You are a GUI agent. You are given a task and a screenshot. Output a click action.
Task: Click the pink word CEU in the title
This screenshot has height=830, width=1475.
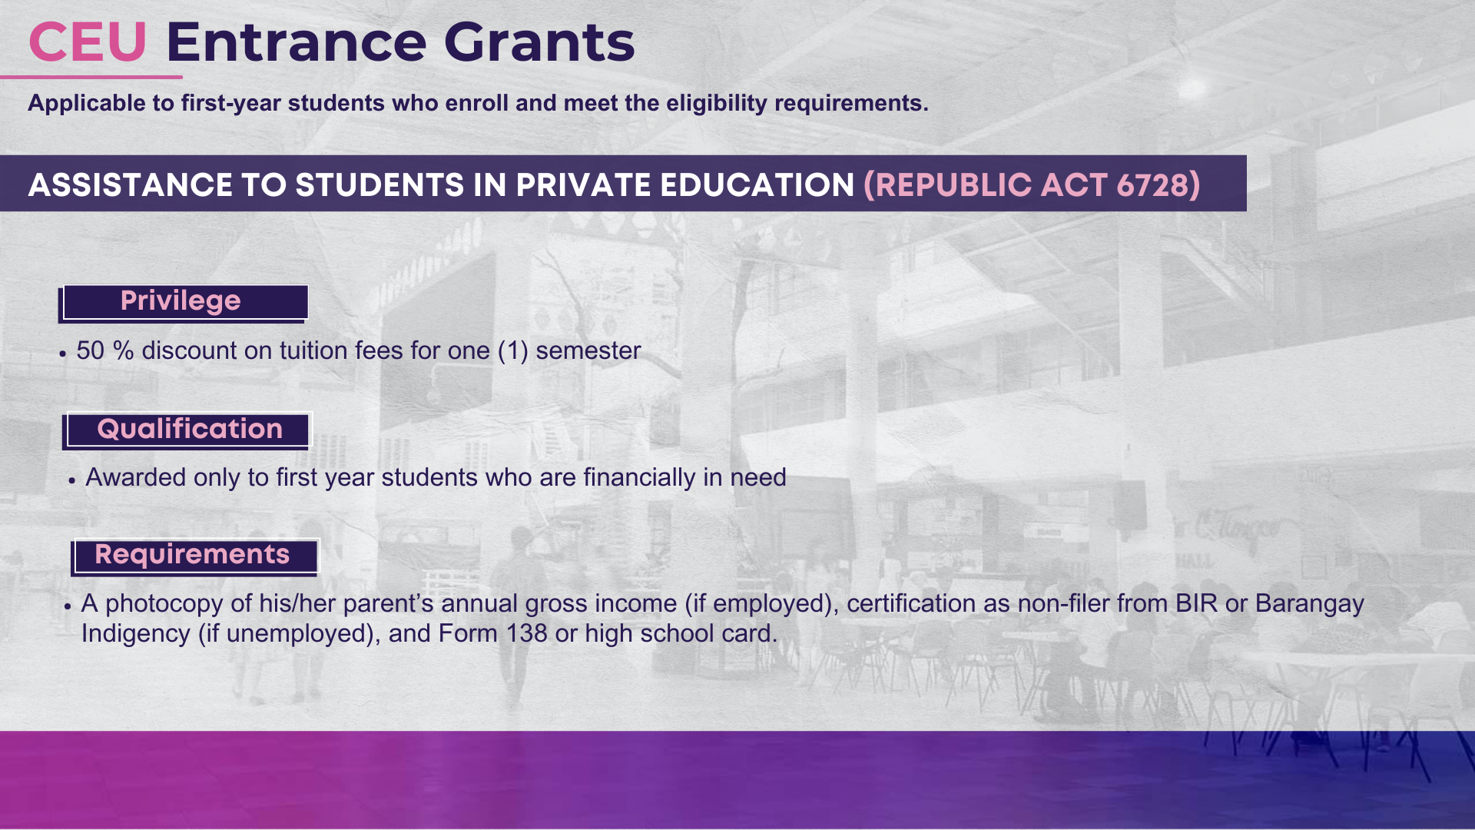(x=88, y=42)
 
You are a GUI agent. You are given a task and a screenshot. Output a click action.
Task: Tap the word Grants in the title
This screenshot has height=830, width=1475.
(x=539, y=42)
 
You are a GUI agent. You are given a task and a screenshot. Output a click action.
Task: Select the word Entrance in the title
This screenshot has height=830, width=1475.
(x=296, y=42)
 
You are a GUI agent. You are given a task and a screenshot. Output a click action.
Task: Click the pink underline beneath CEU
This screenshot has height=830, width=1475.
(x=91, y=77)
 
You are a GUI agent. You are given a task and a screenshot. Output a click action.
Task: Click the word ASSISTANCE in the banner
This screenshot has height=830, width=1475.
(x=130, y=185)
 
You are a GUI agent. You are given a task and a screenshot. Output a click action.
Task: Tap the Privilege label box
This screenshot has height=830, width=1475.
(x=184, y=302)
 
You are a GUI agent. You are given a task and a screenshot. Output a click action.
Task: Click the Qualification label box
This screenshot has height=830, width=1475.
(x=187, y=430)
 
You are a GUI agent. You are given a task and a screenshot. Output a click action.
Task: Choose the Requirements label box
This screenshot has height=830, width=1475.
(x=194, y=556)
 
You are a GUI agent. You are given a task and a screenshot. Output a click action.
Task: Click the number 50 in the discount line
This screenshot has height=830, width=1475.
(x=90, y=350)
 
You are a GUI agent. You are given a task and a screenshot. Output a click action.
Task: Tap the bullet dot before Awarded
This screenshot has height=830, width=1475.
(x=71, y=480)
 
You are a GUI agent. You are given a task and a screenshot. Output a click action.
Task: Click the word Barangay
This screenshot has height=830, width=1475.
(x=1310, y=604)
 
